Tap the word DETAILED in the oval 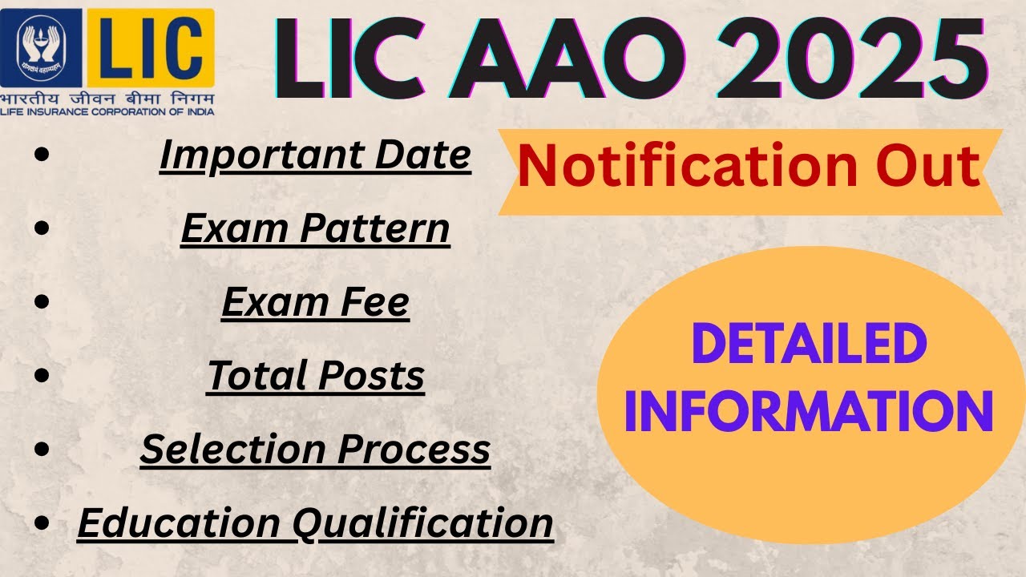809,345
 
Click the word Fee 377,302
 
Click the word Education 178,523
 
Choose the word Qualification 422,523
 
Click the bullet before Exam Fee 46,303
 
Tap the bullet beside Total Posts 46,376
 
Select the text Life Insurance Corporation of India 107,111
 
